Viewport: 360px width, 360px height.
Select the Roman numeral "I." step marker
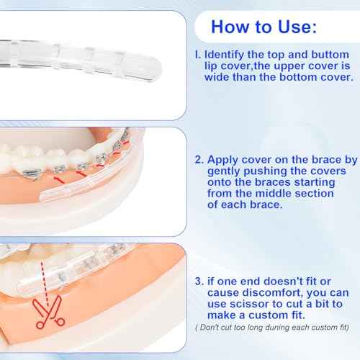195,54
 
